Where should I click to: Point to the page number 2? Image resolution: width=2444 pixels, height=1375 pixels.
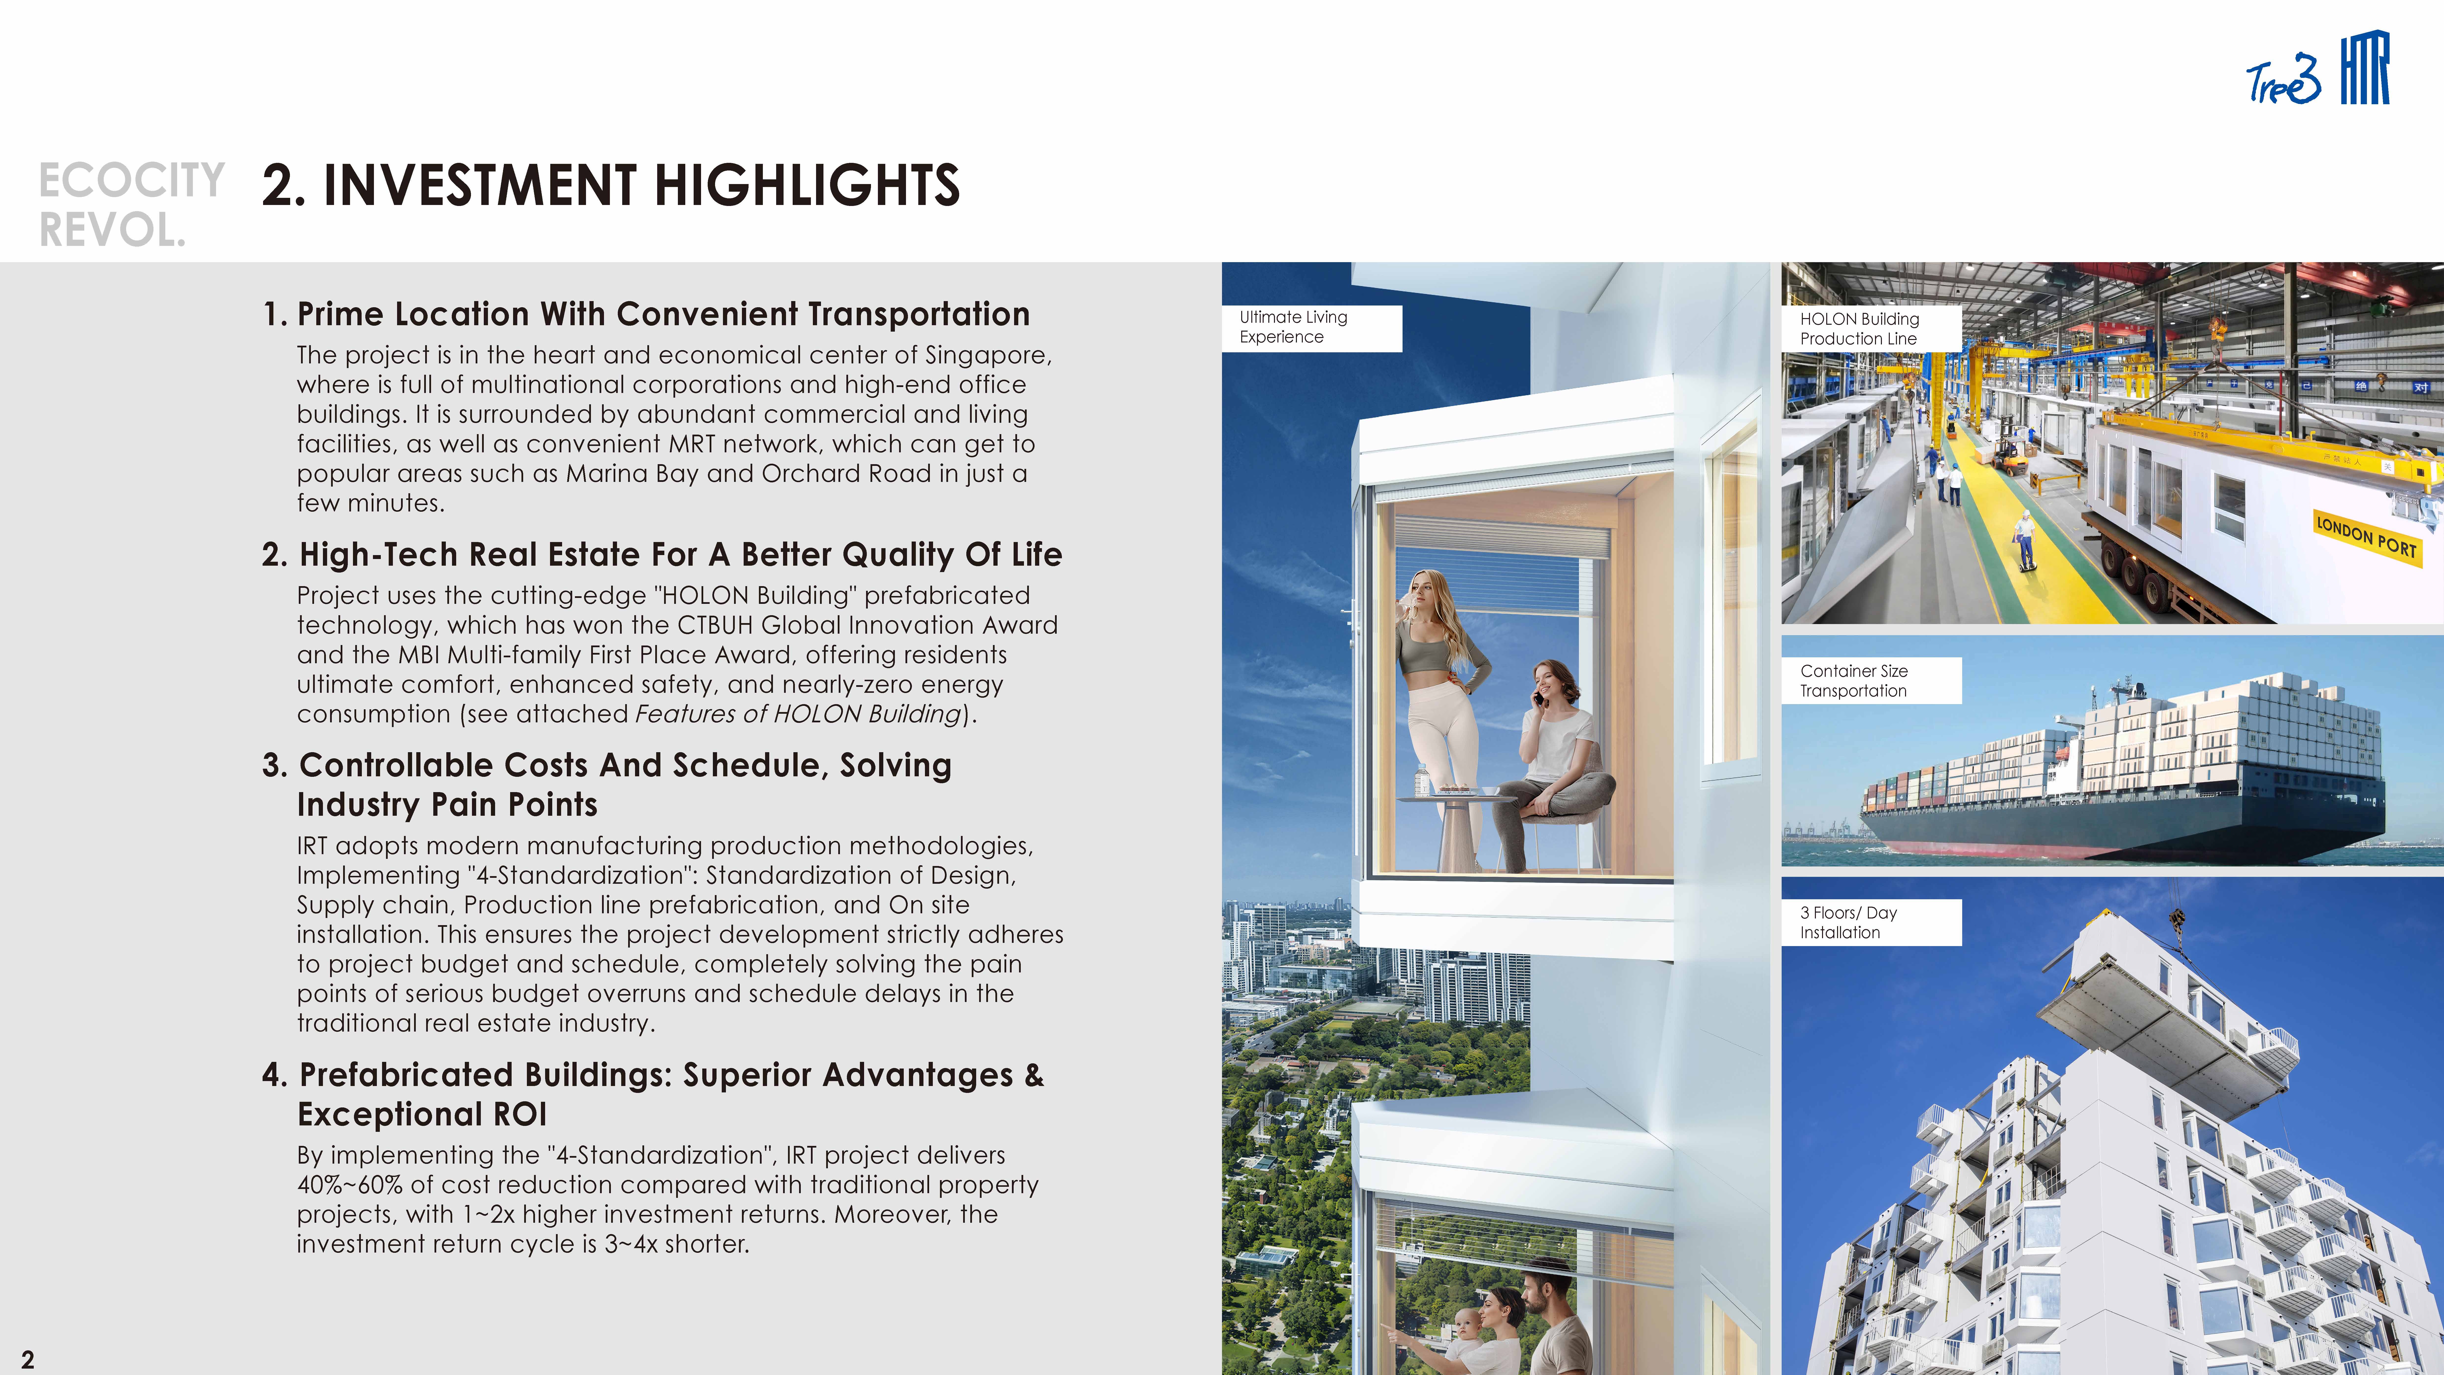point(28,1359)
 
